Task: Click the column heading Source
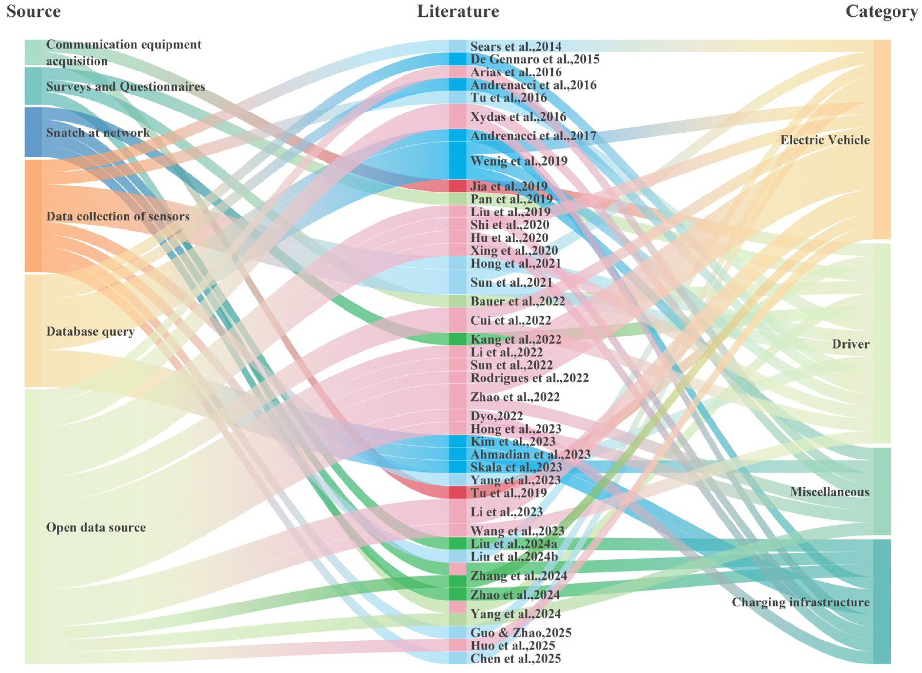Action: click(x=33, y=11)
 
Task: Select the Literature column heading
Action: click(x=458, y=11)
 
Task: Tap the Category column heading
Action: click(x=881, y=11)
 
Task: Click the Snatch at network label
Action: click(x=98, y=133)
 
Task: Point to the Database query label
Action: click(x=90, y=331)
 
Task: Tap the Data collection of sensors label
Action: click(x=118, y=216)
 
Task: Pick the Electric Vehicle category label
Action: click(x=825, y=140)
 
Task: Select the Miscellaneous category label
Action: click(x=830, y=492)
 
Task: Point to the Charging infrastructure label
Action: click(x=800, y=602)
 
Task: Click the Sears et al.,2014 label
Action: click(x=516, y=47)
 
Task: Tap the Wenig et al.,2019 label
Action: click(x=519, y=161)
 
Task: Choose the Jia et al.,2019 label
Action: click(x=509, y=186)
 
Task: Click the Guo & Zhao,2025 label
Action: click(x=520, y=632)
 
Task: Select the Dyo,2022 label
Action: click(x=497, y=416)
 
